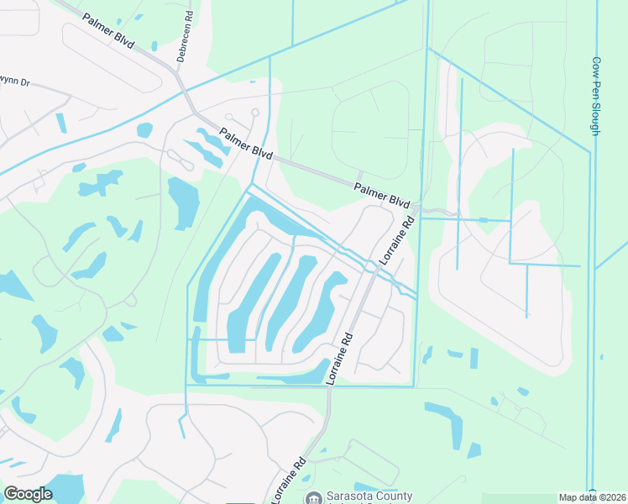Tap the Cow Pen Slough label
point(595,96)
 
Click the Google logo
point(28,494)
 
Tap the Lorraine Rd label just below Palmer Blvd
point(398,240)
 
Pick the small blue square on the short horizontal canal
point(483,220)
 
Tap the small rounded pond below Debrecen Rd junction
point(144,129)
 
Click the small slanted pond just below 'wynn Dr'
point(60,123)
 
